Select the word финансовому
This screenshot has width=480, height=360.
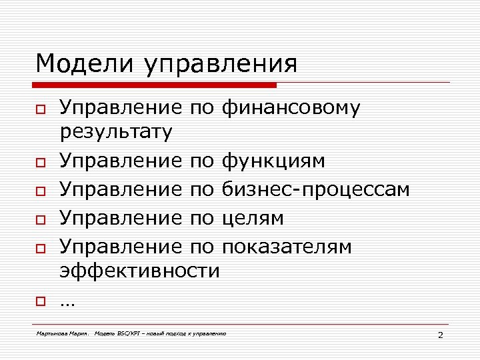pos(291,108)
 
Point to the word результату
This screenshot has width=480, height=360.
pos(116,131)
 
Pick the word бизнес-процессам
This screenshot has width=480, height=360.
pos(315,189)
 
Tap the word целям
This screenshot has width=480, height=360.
pos(253,218)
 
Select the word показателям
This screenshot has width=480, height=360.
pos(287,247)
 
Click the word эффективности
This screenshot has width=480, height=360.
pos(139,270)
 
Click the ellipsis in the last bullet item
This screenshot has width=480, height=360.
pos(67,301)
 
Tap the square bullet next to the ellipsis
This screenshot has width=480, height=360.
pos(40,301)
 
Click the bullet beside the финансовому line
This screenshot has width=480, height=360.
pos(40,109)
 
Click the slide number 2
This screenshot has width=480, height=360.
pos(440,334)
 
